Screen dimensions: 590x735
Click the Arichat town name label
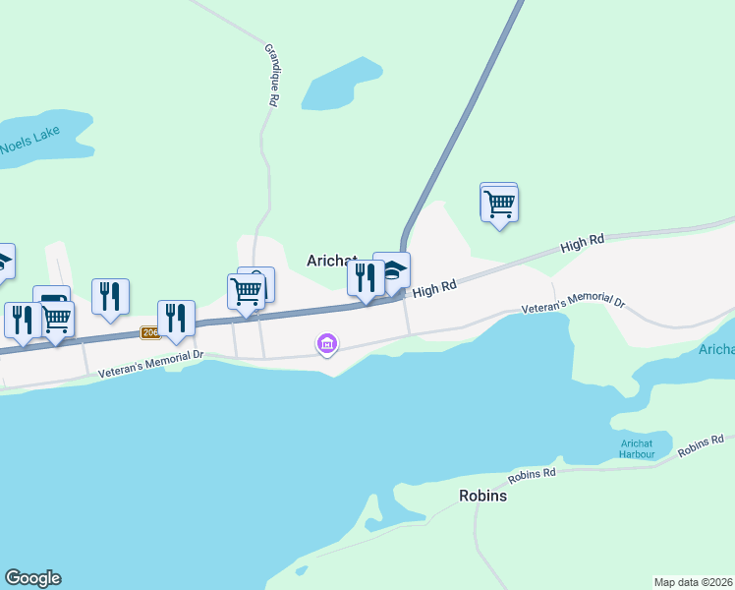pyautogui.click(x=330, y=261)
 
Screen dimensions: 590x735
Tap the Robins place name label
pyautogui.click(x=482, y=496)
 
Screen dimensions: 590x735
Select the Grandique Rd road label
pyautogui.click(x=272, y=74)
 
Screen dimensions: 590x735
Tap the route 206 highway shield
pyautogui.click(x=149, y=332)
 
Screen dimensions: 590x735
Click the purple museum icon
pyautogui.click(x=327, y=344)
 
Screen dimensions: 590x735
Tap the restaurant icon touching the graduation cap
pyautogui.click(x=365, y=278)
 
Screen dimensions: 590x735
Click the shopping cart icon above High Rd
pyautogui.click(x=499, y=204)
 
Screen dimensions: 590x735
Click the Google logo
pyautogui.click(x=32, y=578)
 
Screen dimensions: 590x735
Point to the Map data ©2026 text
pyautogui.click(x=693, y=582)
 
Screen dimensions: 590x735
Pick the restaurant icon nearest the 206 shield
pyautogui.click(x=176, y=319)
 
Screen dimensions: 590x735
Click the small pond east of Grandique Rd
pyautogui.click(x=340, y=85)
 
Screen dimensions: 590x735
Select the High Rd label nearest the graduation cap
pyautogui.click(x=435, y=289)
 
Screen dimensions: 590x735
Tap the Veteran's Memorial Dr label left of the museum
pyautogui.click(x=150, y=364)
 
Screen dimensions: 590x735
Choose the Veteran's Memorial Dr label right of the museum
pyautogui.click(x=572, y=303)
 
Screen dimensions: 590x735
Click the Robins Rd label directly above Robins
pyautogui.click(x=532, y=476)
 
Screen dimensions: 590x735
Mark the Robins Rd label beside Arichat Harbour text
pyautogui.click(x=700, y=445)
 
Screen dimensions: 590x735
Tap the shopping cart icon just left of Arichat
pyautogui.click(x=246, y=291)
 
